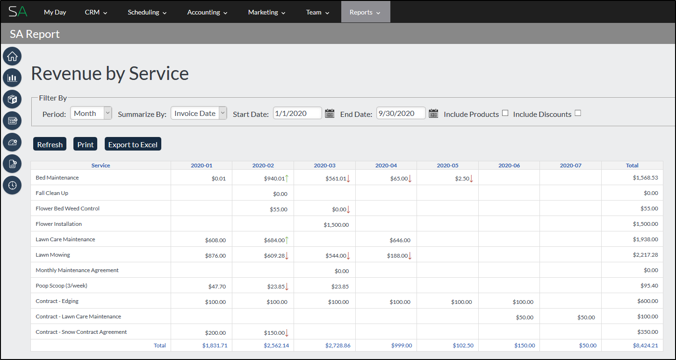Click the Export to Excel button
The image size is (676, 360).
tap(133, 144)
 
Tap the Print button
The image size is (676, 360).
tap(85, 144)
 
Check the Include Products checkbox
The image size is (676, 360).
tap(505, 113)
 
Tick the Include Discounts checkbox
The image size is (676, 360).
tap(578, 113)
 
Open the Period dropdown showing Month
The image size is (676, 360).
tap(91, 113)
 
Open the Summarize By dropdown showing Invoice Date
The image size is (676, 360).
tap(199, 113)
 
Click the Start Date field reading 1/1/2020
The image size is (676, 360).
tap(297, 113)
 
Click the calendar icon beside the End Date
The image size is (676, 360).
tap(433, 113)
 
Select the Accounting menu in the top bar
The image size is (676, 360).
tap(207, 12)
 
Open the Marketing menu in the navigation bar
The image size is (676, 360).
tap(266, 12)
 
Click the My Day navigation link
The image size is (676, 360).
tap(55, 12)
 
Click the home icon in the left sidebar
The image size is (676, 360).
tap(12, 57)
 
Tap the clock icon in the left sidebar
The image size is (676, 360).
tap(12, 185)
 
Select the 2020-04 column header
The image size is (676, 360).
tap(386, 166)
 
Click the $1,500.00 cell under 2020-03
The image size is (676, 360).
tap(336, 224)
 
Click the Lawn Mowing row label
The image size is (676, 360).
tap(53, 255)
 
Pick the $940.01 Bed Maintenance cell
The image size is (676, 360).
tap(274, 178)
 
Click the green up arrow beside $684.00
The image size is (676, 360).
tap(287, 240)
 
